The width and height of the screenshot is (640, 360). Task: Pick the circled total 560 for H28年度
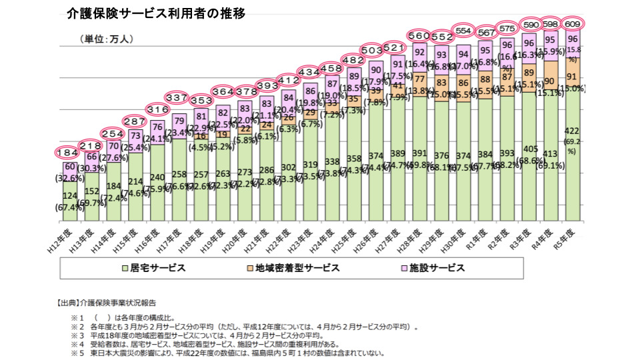point(419,35)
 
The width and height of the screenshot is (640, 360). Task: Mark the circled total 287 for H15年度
point(135,122)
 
